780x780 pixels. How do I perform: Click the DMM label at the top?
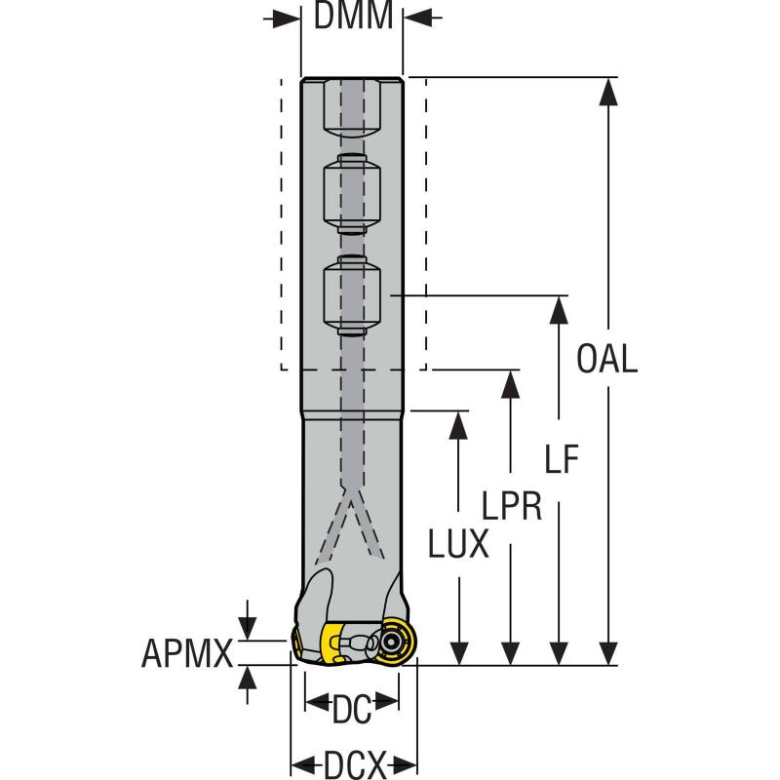(353, 17)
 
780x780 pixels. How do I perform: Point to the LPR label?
(512, 507)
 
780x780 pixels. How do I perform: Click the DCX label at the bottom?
(354, 761)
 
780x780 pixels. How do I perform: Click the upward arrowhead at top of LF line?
(559, 308)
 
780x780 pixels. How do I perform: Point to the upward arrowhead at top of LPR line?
(509, 383)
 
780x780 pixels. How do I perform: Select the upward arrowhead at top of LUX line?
(458, 424)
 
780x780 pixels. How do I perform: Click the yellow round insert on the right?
(397, 641)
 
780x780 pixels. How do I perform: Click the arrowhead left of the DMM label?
(287, 18)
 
